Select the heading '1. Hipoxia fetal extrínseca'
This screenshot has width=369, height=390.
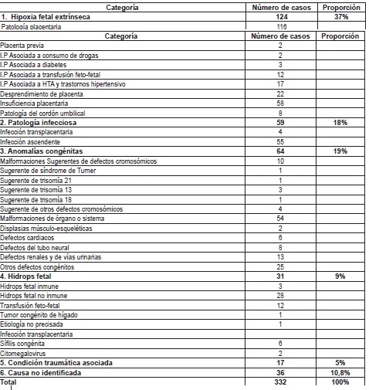tap(47, 17)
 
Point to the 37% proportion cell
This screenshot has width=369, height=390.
tap(340, 17)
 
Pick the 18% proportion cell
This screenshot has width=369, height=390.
tap(340, 123)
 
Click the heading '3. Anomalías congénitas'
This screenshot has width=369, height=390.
tap(42, 151)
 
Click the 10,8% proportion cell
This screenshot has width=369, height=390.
tap(340, 371)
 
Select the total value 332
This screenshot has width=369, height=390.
tap(280, 382)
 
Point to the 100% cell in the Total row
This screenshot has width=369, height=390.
tap(340, 382)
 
